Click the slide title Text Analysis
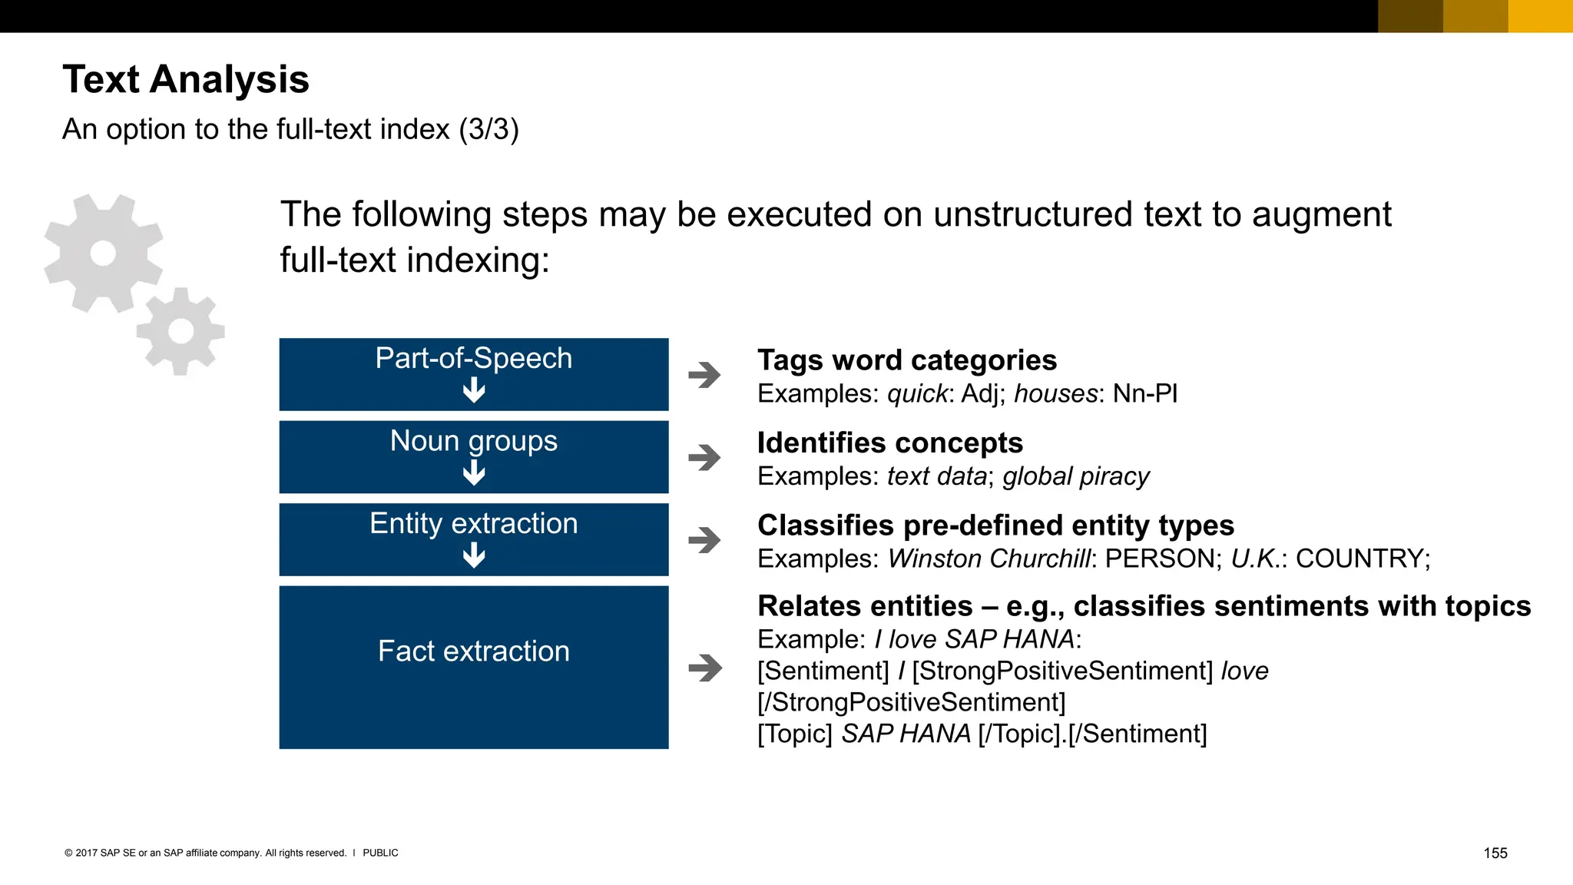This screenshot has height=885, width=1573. (186, 79)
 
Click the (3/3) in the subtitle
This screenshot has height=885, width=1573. (488, 129)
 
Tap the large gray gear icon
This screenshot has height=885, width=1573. (103, 253)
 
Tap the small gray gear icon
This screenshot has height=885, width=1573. (181, 331)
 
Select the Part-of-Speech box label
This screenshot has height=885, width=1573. (473, 359)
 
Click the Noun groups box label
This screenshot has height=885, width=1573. (473, 441)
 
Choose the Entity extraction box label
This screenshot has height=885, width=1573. (473, 524)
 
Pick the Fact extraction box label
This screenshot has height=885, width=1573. (473, 651)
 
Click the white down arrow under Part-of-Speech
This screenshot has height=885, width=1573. (474, 391)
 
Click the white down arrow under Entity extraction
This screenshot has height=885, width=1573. (474, 555)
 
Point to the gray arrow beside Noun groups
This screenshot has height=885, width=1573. (704, 458)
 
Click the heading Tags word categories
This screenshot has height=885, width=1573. (907, 360)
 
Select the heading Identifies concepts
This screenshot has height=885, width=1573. (890, 443)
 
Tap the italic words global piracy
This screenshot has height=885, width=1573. (1076, 477)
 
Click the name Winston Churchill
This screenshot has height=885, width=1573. (989, 559)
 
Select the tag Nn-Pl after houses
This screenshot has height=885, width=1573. (1145, 394)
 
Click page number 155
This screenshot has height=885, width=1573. (1495, 853)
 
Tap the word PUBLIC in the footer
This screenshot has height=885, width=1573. (380, 853)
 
